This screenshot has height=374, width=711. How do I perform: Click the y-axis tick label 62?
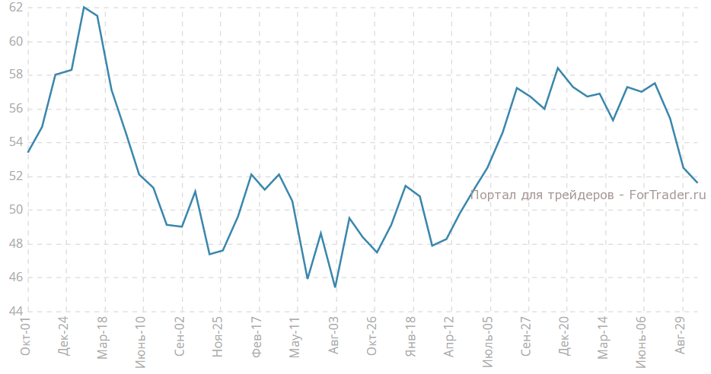(15, 8)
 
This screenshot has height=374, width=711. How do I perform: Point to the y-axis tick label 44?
(15, 311)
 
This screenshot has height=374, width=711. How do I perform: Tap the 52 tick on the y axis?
(15, 176)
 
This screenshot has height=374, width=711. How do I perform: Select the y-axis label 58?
(15, 75)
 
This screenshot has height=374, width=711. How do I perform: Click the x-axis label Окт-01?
(26, 338)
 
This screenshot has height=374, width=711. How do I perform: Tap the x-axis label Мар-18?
(103, 339)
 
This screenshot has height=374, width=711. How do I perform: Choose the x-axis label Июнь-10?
(141, 343)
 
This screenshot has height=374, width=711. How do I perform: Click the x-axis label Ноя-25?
(218, 339)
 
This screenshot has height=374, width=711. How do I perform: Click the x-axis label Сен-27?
(527, 339)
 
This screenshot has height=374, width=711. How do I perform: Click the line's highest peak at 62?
(84, 7)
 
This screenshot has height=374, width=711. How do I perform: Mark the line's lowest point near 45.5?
(335, 287)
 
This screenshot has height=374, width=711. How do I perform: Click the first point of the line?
(28, 152)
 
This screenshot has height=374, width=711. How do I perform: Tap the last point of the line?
(697, 182)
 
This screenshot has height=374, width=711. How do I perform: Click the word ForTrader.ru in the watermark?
(667, 195)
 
